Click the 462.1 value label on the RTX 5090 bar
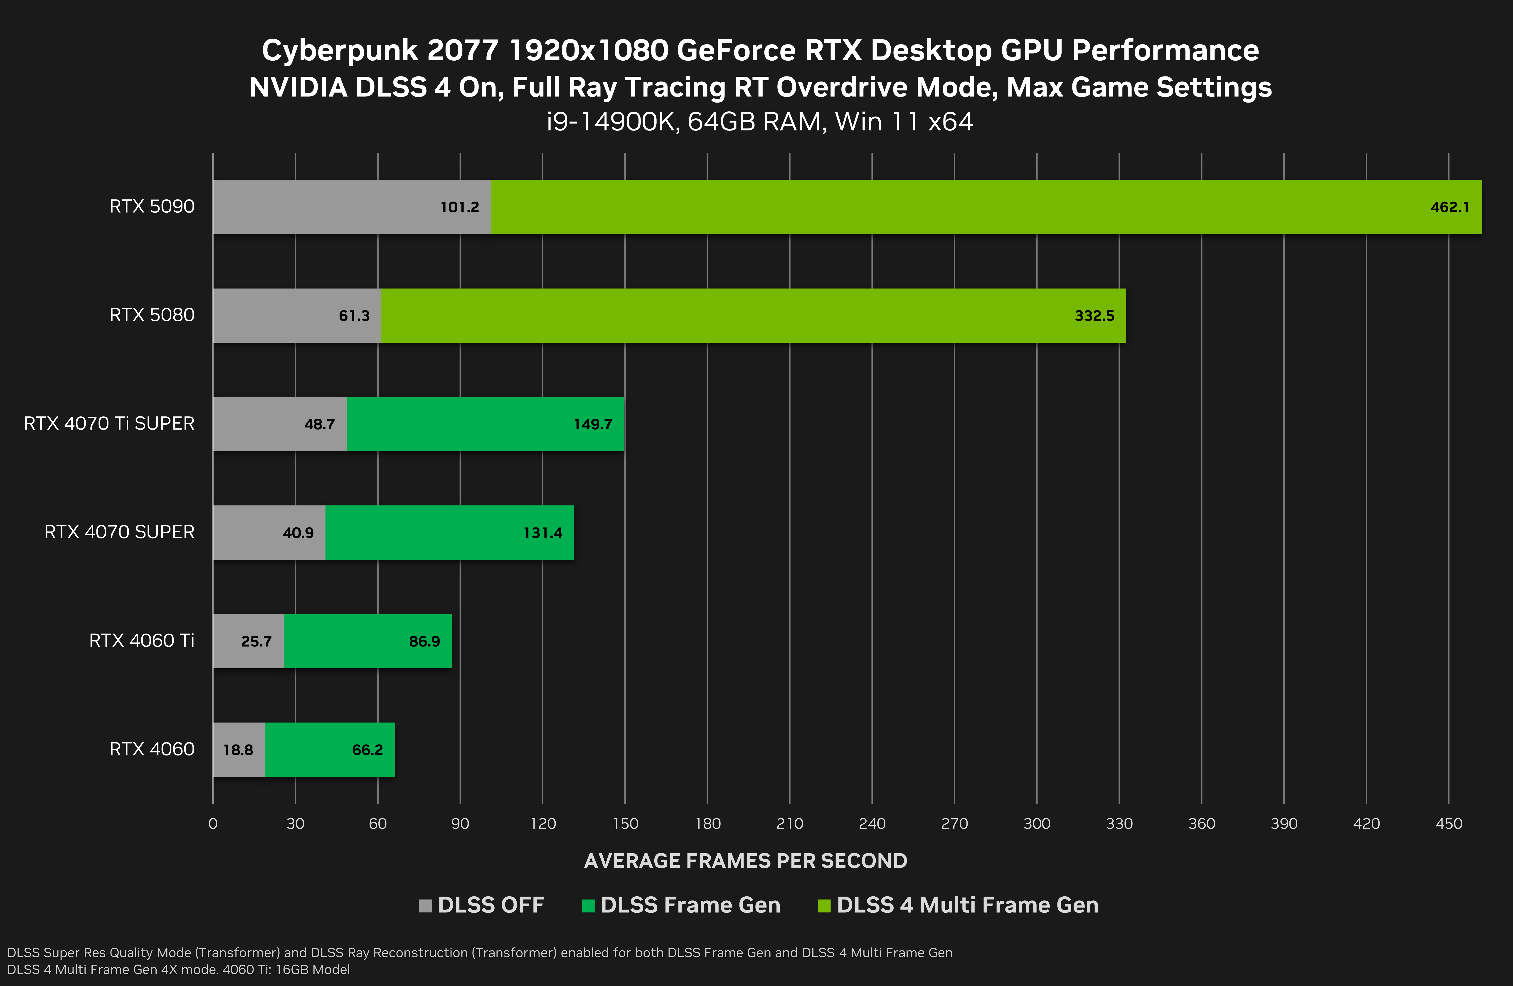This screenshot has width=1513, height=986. (x=1449, y=207)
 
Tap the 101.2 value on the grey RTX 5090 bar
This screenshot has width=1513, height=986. (x=460, y=207)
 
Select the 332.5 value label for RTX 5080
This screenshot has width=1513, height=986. (x=1094, y=316)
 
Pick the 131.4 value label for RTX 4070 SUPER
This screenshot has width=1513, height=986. (x=542, y=533)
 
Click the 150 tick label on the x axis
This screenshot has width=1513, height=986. (x=625, y=824)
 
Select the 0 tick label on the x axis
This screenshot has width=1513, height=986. (x=213, y=824)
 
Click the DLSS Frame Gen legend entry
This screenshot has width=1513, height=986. (x=690, y=905)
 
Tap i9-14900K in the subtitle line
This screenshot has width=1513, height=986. (x=611, y=121)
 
